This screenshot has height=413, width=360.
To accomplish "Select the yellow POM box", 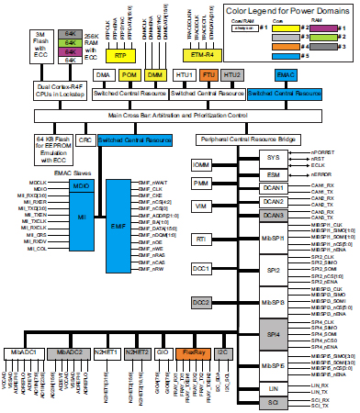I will (x=129, y=74).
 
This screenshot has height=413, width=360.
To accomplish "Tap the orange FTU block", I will (x=208, y=74).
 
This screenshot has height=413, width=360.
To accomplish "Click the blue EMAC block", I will (x=284, y=74).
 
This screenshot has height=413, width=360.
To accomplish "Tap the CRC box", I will (x=85, y=139).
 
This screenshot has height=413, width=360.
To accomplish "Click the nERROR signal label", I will (x=326, y=172).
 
